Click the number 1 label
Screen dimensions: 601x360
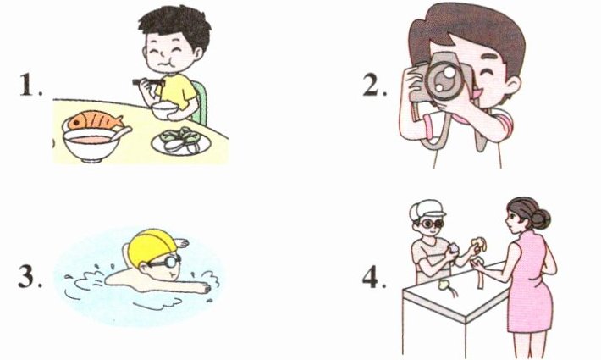coord(30,85)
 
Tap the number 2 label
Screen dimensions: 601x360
coord(374,85)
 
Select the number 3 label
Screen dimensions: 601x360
coord(30,276)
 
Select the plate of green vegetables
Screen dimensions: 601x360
coord(181,141)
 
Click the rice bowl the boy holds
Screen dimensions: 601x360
coord(164,110)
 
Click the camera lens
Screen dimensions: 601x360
coord(444,78)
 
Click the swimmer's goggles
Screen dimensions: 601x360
coord(165,262)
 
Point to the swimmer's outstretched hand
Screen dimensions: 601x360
coord(202,287)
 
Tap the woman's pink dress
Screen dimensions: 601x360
coord(530,284)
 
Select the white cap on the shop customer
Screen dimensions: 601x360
coord(426,209)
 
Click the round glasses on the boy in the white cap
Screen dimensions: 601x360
coord(432,223)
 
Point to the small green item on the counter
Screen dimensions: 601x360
coord(444,285)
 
